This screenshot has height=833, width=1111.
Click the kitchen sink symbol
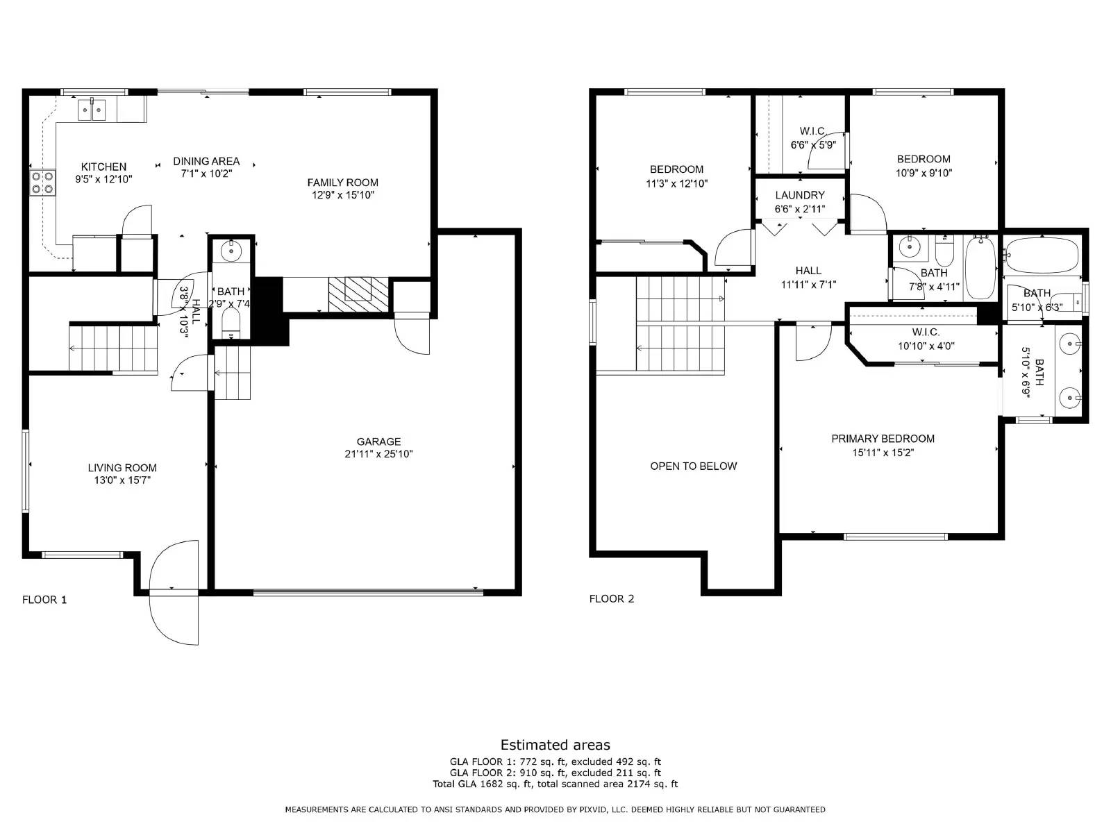point(92,110)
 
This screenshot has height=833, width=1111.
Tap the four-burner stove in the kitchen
point(42,182)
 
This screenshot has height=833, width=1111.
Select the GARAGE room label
point(378,441)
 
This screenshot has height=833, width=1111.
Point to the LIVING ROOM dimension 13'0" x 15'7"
point(122,480)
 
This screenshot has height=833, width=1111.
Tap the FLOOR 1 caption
point(44,600)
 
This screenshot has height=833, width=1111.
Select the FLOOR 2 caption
point(612,598)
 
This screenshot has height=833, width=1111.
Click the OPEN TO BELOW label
point(693,466)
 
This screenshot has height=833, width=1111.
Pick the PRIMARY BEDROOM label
point(883,439)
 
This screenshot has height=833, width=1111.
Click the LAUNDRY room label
point(800,195)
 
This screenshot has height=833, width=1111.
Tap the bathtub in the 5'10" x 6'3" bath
point(1042,255)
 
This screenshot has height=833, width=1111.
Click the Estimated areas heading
point(555,745)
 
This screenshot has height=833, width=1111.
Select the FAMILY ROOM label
point(343,183)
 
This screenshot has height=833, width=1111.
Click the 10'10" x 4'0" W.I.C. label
point(926,346)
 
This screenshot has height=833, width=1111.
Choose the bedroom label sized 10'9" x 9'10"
point(924,159)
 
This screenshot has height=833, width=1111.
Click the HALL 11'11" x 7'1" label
point(808,271)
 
